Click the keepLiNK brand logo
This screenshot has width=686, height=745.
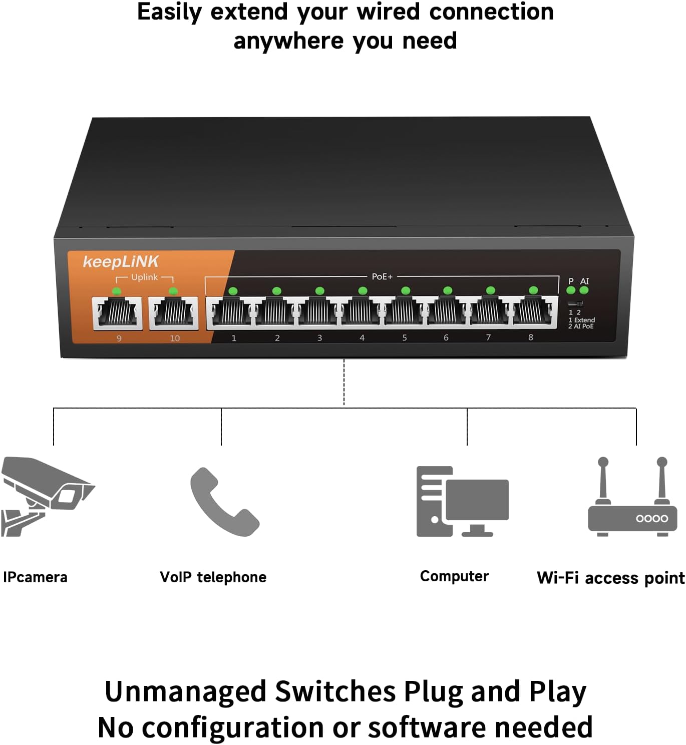(120, 261)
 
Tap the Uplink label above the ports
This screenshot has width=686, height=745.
(144, 277)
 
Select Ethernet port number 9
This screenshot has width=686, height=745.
(117, 313)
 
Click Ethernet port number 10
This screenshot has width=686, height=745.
(173, 313)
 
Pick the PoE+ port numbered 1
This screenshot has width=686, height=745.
(232, 313)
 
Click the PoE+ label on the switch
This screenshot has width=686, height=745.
(382, 276)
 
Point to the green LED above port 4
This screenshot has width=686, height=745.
(363, 290)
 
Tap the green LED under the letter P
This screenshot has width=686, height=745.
(571, 290)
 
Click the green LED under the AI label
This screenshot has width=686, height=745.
(584, 290)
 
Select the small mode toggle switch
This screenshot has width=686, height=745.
(575, 304)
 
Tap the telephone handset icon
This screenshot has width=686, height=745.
(224, 502)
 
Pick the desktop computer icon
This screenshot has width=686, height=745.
(462, 502)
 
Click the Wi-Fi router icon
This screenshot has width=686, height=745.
(632, 501)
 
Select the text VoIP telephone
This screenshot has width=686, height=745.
(213, 577)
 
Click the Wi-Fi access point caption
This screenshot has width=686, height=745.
(610, 578)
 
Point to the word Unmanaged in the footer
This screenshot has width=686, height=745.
(185, 691)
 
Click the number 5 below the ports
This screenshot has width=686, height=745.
(405, 338)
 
